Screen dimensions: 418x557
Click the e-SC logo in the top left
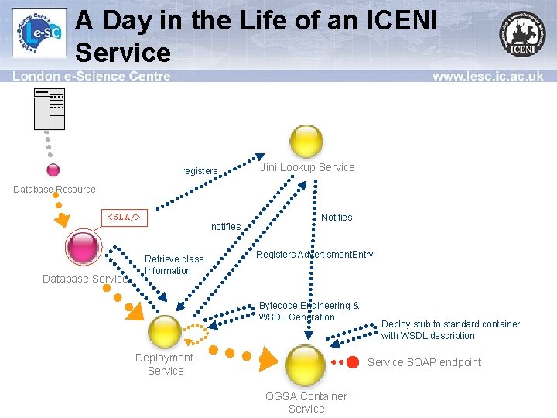[39, 34]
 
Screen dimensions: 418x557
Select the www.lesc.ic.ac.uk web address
[487, 77]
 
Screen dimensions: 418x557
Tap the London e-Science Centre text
[91, 77]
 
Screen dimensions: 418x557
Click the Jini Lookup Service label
[307, 167]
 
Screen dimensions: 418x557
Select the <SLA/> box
[124, 218]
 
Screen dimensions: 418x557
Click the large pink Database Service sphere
[83, 248]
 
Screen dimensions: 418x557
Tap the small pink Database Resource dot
[53, 170]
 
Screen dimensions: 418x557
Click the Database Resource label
[54, 190]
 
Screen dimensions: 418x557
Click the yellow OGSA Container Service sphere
[306, 363]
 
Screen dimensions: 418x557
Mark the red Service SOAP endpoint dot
[353, 362]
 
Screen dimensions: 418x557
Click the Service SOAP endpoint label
[424, 362]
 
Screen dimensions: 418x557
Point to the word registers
[200, 171]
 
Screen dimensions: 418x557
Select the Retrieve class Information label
[174, 265]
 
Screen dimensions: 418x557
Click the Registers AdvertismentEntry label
[314, 255]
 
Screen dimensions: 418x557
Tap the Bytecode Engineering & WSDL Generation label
[309, 311]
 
